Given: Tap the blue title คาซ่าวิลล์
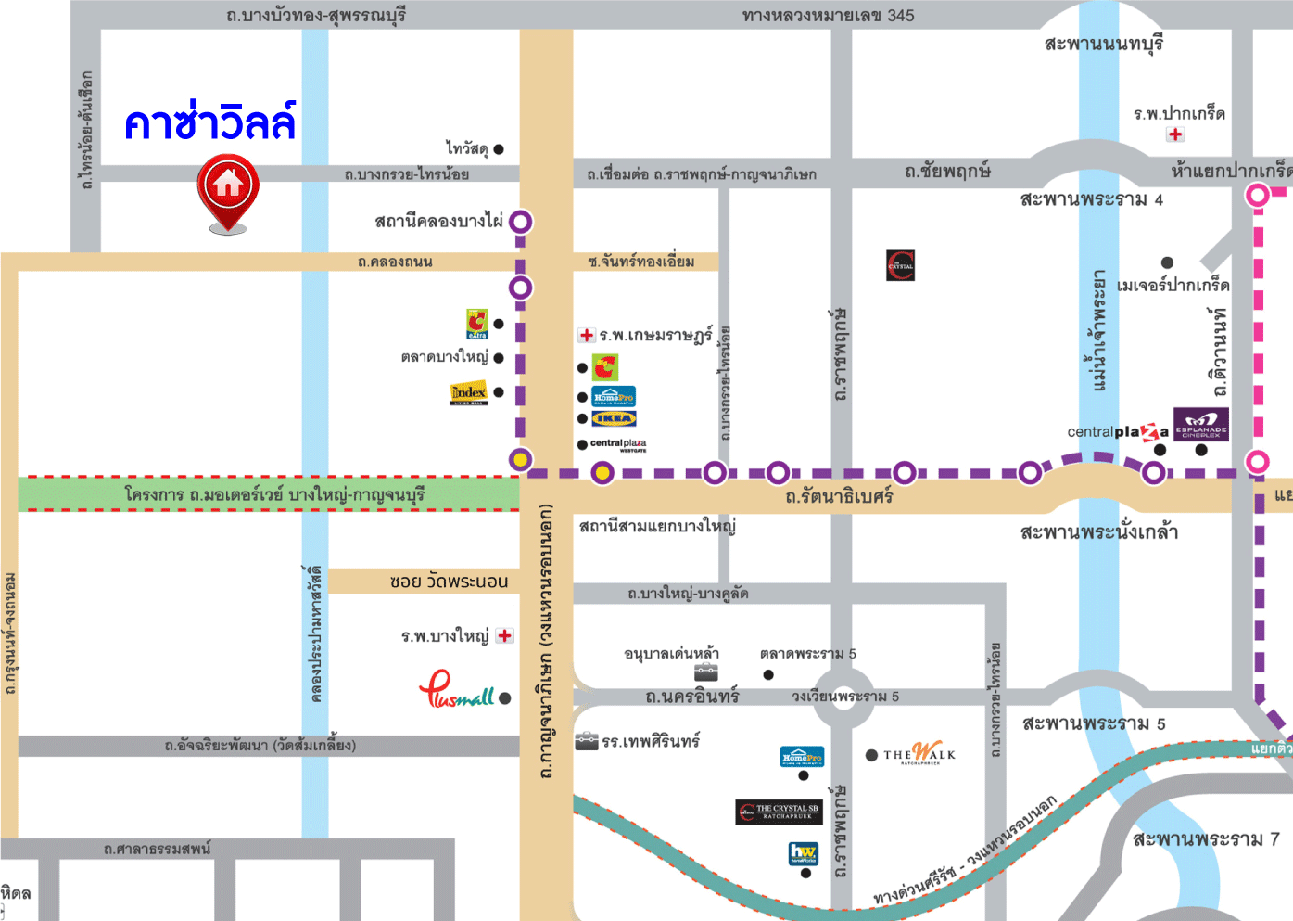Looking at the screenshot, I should coord(210,123).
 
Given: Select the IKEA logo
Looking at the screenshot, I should coord(614,419).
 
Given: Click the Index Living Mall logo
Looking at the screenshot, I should coord(468,393).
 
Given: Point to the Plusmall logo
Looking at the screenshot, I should coord(457,691).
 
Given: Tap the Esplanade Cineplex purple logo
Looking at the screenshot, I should coord(1201,424).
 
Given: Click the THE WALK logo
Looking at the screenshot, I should coord(919,754).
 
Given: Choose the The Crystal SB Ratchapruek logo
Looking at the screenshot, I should coord(779,812).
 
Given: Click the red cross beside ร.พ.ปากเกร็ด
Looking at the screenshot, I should coord(1175,134).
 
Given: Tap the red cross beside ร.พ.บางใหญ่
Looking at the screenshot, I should coord(504,636).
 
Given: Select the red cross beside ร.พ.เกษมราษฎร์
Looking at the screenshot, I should coord(586,335).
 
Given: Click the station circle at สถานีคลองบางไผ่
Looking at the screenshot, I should coord(521,222).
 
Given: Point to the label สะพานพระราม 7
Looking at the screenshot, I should coord(1206,839).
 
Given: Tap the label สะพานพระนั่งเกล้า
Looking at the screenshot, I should coord(1098,532).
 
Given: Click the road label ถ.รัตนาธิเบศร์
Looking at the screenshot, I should coord(839,497).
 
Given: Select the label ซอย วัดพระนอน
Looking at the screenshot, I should coord(449,582).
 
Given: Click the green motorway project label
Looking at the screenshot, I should coord(274,494).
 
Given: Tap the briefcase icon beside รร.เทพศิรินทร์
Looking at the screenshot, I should coord(586,741).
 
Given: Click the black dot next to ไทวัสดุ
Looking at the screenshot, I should coord(499,149).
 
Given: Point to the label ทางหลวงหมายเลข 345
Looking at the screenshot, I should coord(828,16).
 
